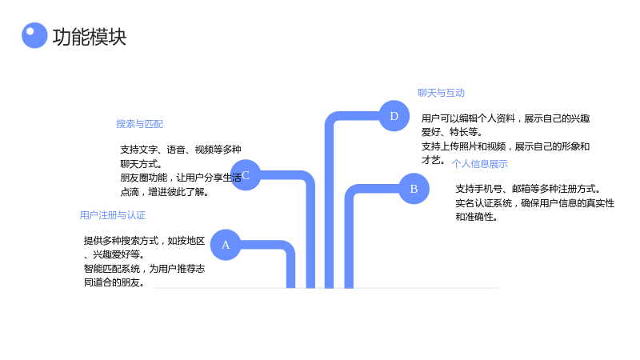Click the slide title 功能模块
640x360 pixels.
pyautogui.click(x=90, y=37)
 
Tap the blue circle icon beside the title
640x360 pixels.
pyautogui.click(x=34, y=35)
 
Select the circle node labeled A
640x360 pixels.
pyautogui.click(x=226, y=245)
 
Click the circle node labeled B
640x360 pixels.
pyautogui.click(x=414, y=189)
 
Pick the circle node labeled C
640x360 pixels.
pyautogui.click(x=246, y=175)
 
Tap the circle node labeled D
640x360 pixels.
pyautogui.click(x=394, y=116)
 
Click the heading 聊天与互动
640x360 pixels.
pyautogui.click(x=442, y=93)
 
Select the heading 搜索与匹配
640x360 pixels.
pyautogui.click(x=139, y=124)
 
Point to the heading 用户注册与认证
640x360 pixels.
pyautogui.click(x=113, y=215)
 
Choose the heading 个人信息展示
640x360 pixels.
pyautogui.click(x=479, y=164)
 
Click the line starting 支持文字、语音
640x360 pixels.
pyautogui.click(x=181, y=150)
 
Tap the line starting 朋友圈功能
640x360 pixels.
pyautogui.click(x=181, y=178)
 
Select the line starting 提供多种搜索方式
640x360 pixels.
pyautogui.click(x=145, y=241)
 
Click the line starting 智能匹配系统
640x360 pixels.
pyautogui.click(x=145, y=269)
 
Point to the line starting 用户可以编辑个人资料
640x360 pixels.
pyautogui.click(x=506, y=118)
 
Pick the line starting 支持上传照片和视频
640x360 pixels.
pyautogui.click(x=506, y=146)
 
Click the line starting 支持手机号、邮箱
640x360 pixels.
pyautogui.click(x=528, y=189)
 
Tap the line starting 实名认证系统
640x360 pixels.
pyautogui.click(x=535, y=203)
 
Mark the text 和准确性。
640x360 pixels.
pyautogui.click(x=477, y=217)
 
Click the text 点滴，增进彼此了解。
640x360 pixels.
pyautogui.click(x=165, y=192)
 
